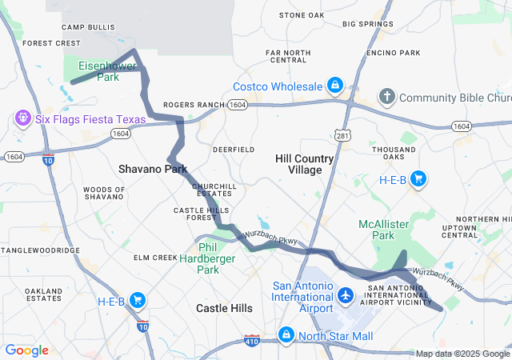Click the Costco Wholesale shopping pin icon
(335, 85)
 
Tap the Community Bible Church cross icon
(386, 98)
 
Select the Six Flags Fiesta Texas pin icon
(23, 119)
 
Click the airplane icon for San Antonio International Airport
(346, 296)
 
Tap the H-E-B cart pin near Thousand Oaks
(417, 179)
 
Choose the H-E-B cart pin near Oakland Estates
(138, 301)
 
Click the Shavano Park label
(152, 169)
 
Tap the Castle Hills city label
(224, 308)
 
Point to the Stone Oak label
(302, 15)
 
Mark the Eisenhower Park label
(98, 71)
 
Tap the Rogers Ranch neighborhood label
(194, 105)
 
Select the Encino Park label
(393, 53)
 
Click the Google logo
(26, 350)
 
